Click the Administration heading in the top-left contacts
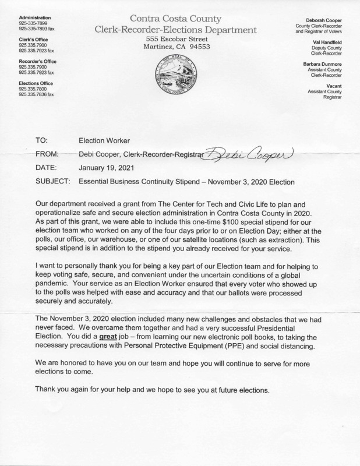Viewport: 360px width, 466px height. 34,18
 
